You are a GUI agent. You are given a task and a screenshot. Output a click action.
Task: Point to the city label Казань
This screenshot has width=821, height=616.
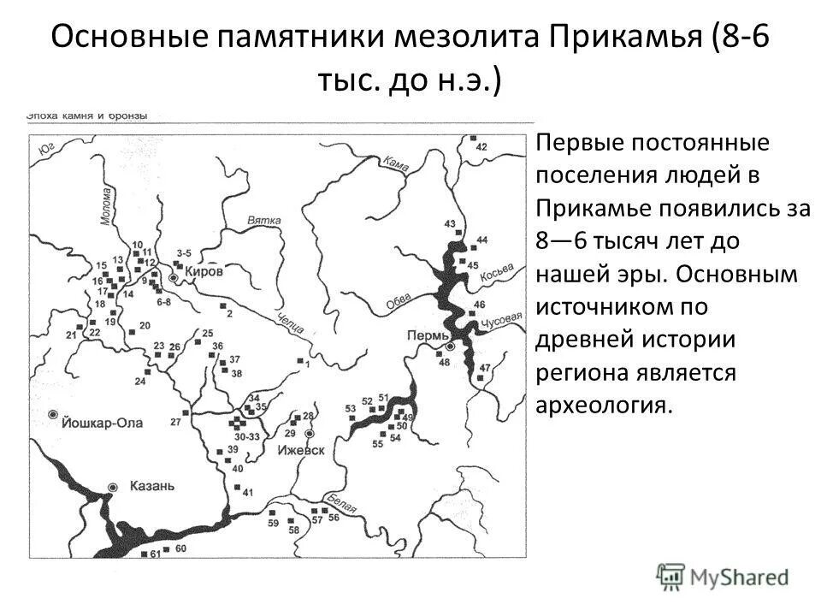152,486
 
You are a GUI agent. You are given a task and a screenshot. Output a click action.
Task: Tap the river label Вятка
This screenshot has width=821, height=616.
264,221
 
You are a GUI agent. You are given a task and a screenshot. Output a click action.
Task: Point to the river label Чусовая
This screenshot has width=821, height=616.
504,318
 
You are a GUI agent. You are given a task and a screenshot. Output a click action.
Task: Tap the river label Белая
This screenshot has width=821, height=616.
339,501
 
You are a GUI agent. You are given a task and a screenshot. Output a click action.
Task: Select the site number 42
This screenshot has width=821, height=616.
481,147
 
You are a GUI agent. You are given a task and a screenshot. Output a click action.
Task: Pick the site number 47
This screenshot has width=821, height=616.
485,368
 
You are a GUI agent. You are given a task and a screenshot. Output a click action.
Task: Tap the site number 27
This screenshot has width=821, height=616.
175,423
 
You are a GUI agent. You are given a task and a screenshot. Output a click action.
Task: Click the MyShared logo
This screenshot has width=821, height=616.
723,577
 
